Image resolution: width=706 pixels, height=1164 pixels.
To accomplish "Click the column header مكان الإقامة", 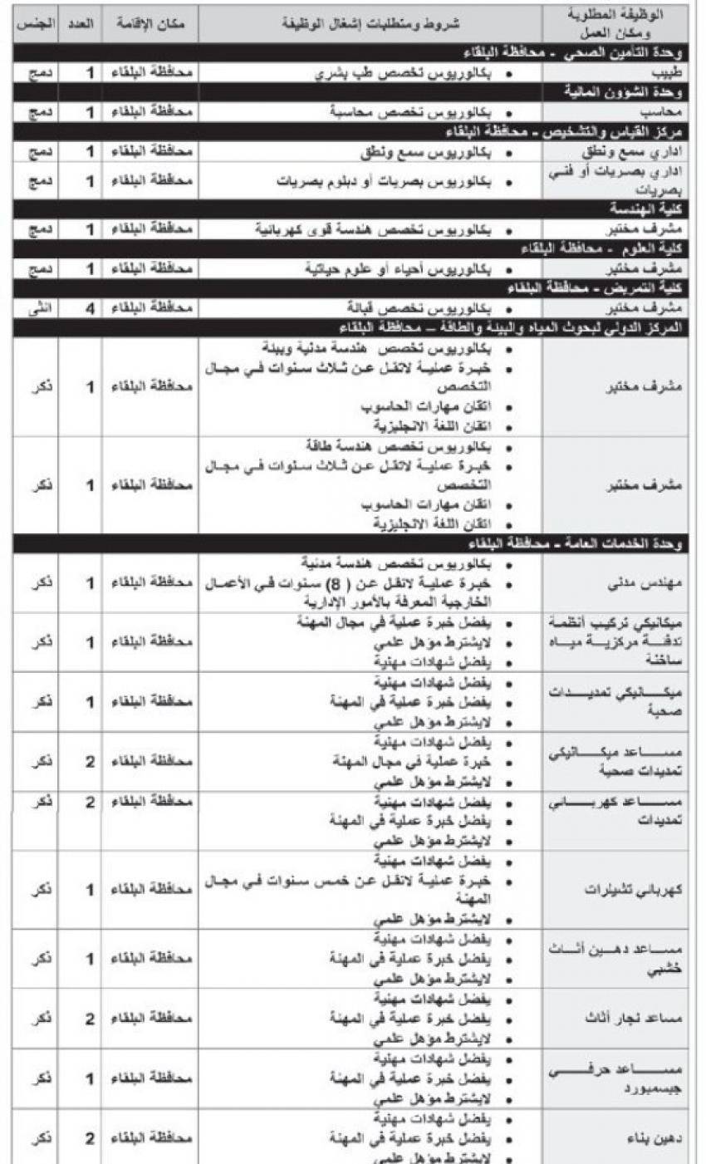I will tap(150, 26).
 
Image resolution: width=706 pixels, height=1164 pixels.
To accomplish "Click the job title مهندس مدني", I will tap(653, 584).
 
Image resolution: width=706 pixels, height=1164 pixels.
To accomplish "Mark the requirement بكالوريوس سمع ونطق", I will tap(424, 153).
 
